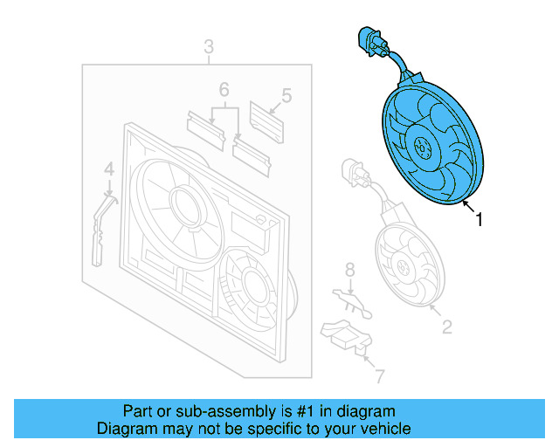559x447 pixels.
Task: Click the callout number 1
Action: pos(479,221)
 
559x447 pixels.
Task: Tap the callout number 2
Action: pos(446,328)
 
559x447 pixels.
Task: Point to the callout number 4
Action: pos(108,168)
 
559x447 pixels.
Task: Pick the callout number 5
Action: pos(286,95)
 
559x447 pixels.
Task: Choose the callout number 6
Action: pos(224,89)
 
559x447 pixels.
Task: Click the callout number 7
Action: pos(378,376)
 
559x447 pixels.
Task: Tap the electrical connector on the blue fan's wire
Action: pos(368,41)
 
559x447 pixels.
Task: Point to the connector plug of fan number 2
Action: pos(353,171)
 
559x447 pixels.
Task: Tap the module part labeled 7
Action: pos(347,336)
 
